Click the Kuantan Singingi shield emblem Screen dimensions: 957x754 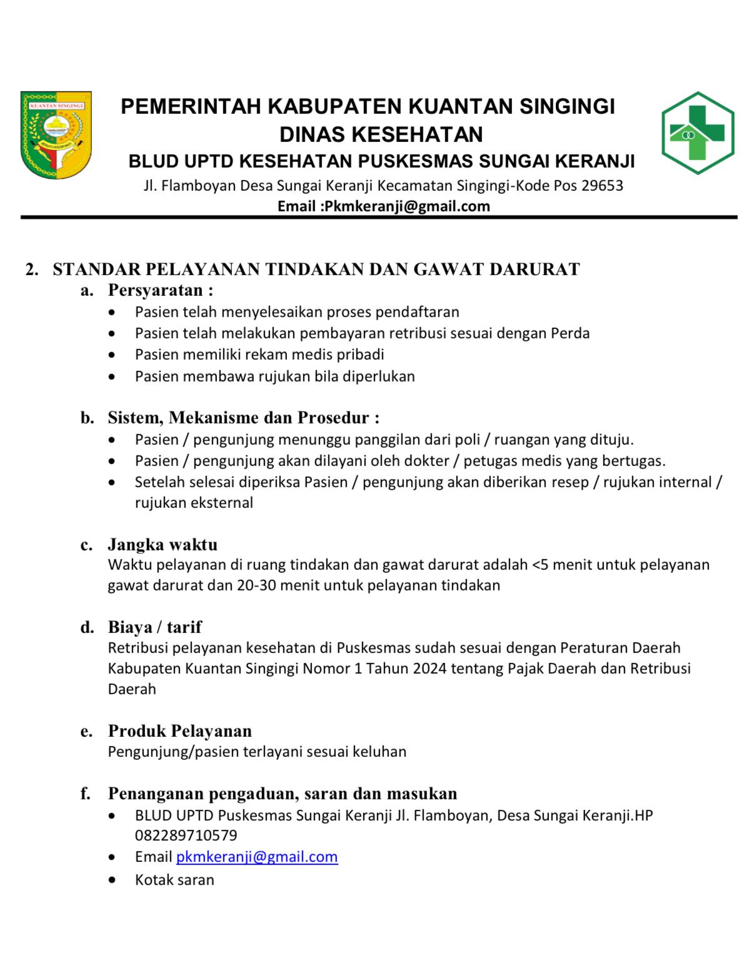56,135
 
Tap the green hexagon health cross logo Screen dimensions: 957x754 698,133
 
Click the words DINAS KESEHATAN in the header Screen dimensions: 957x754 381,134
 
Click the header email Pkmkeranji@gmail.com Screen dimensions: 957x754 406,206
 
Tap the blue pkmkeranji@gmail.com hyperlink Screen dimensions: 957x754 256,857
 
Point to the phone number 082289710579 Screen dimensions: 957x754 186,836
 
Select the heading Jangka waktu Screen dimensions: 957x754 163,544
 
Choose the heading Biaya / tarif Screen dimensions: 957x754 154,627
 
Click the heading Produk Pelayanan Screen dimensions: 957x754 180,731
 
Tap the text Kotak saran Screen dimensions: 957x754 174,880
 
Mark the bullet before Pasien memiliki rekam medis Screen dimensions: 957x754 111,355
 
